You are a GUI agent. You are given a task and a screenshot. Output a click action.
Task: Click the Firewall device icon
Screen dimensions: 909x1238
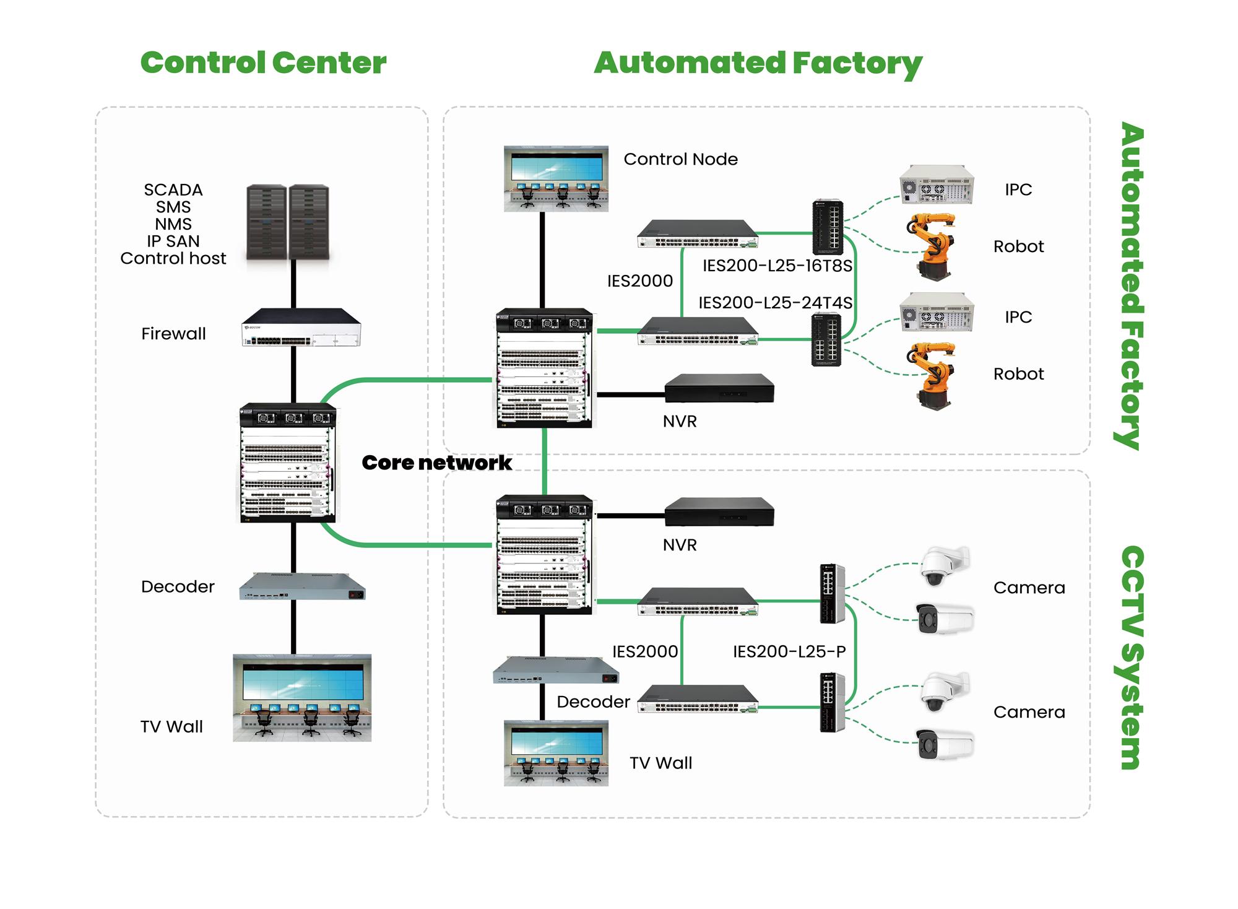(301, 328)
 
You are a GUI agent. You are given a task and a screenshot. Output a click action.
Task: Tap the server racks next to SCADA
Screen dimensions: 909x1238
(288, 223)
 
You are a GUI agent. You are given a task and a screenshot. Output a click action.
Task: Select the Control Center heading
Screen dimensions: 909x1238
(263, 63)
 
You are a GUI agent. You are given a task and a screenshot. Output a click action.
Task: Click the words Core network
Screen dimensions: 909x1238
(436, 463)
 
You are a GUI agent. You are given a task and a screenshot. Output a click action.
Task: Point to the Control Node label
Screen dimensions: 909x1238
(680, 159)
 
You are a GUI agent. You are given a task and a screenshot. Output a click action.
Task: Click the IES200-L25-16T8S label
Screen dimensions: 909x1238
(777, 266)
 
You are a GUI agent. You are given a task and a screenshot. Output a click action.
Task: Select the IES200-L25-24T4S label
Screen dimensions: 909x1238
(775, 303)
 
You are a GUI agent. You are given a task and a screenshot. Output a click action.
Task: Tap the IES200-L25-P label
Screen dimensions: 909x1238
(789, 651)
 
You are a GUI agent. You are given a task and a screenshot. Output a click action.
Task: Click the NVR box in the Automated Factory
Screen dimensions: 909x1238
(719, 388)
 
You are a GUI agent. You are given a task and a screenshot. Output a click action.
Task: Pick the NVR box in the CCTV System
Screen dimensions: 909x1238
(719, 512)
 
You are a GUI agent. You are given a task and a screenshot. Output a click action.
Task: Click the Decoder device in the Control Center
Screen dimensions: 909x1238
(302, 587)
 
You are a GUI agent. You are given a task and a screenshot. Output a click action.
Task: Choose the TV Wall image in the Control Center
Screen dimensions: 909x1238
(302, 698)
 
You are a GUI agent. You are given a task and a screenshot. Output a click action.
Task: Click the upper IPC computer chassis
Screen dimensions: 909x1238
(937, 185)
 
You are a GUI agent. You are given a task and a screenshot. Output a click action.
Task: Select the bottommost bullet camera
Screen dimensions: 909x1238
(944, 744)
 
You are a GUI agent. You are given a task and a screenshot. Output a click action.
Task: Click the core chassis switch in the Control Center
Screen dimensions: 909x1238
(288, 463)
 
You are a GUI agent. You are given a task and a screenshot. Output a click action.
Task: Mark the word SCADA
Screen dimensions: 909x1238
(173, 189)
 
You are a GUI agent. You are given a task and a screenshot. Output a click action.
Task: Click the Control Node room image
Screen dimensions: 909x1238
(556, 179)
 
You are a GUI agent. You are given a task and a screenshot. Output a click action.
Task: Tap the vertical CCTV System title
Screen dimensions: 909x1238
(1132, 657)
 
